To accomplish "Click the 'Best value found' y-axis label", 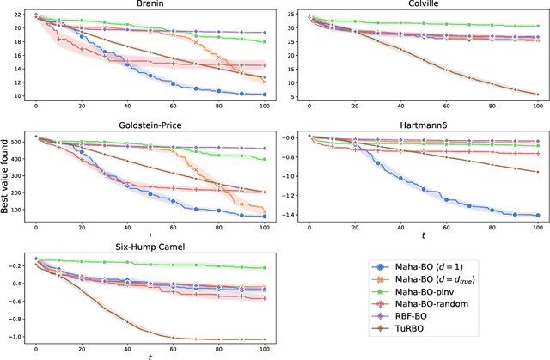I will coord(7,178).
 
